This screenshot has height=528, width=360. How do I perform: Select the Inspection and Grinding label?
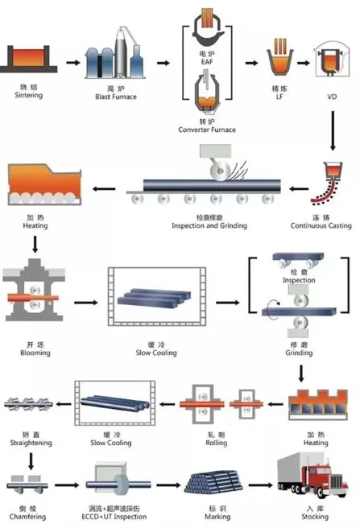click(209, 225)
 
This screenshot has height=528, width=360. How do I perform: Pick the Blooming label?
click(34, 353)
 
